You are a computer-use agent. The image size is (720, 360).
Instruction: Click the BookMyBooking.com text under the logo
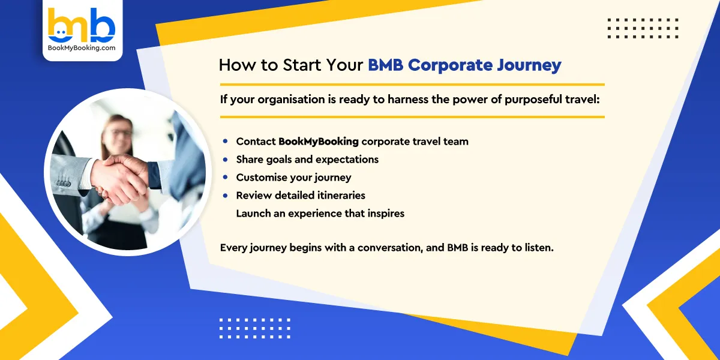82,48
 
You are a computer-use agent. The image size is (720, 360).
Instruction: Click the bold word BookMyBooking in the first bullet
318,142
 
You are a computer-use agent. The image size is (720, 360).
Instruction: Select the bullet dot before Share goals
225,160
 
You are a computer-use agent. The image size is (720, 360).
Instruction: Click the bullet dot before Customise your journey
225,178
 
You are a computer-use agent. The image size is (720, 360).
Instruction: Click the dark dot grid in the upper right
643,28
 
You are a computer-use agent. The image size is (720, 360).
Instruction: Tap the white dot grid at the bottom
254,328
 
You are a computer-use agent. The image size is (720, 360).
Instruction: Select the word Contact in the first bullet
256,142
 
